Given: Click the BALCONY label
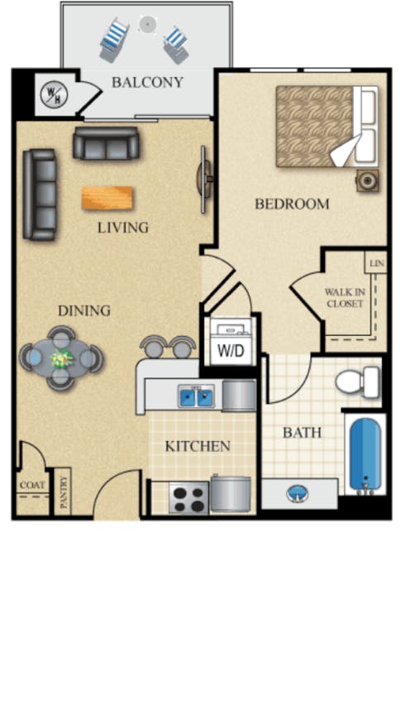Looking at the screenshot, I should point(147,82).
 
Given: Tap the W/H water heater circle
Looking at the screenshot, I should point(53,94).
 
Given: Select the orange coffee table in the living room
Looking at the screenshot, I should point(107,198).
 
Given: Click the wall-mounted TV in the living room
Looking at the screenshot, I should point(203,176).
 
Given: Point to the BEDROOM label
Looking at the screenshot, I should point(292,204).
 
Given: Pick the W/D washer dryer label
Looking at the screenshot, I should point(231,350).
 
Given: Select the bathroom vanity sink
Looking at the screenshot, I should point(297,494).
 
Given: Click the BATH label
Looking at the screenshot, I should point(302,432).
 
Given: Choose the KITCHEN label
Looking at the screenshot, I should point(198,446).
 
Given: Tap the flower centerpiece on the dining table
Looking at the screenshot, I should point(61,358).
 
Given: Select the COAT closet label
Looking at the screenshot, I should point(31,486).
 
